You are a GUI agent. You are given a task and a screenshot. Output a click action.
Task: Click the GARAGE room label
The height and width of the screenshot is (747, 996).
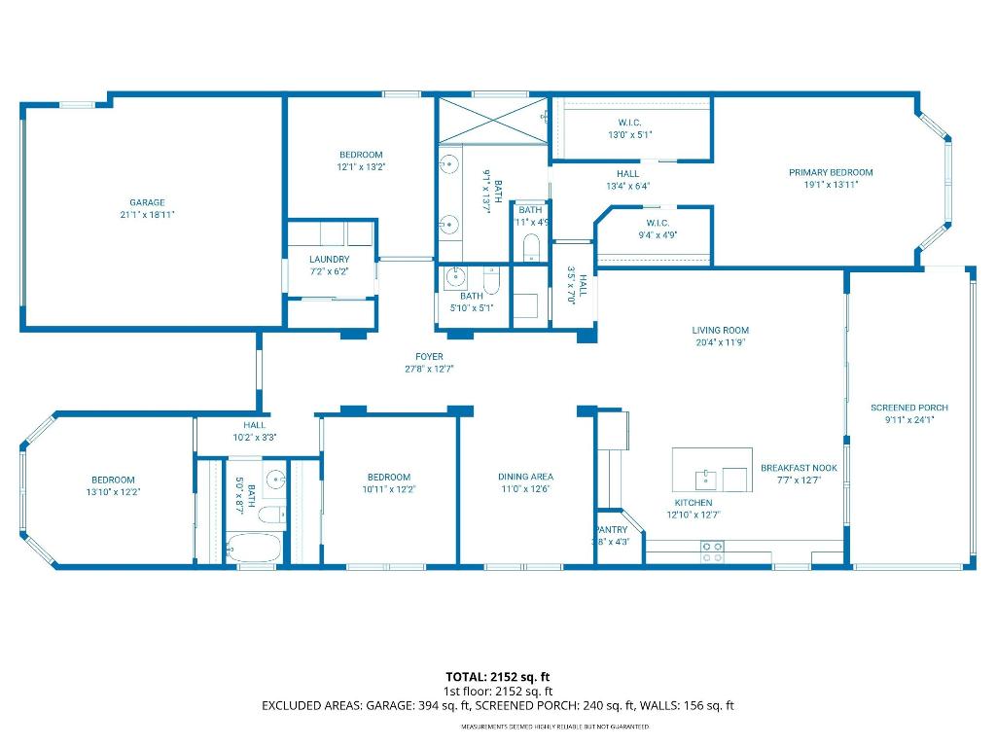pos(147,202)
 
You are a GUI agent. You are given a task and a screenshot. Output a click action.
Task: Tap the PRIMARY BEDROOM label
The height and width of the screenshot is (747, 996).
pos(830,172)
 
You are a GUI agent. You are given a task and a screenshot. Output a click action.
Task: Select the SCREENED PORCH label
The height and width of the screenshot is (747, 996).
pos(908,408)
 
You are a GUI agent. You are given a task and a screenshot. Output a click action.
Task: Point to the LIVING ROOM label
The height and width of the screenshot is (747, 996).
pos(720,330)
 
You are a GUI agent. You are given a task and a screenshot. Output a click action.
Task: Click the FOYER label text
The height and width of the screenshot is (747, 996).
pos(429,357)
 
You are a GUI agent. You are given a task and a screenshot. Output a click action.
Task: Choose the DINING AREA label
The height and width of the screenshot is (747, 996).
pos(525,477)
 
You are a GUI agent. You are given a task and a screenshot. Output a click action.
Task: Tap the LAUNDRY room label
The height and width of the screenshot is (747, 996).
pos(329,259)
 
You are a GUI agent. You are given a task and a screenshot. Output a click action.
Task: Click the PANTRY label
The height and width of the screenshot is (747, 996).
pos(611,529)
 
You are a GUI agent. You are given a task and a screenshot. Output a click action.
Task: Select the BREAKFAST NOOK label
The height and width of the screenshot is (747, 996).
pos(799,468)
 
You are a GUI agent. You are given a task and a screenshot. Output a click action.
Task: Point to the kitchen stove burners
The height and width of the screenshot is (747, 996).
pos(712,551)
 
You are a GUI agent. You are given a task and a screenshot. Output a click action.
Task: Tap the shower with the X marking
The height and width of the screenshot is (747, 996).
pos(493,121)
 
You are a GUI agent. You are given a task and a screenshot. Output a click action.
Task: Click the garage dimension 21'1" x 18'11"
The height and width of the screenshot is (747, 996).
pos(147,215)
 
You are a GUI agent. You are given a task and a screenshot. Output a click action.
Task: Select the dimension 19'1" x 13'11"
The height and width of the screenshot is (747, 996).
pos(830,185)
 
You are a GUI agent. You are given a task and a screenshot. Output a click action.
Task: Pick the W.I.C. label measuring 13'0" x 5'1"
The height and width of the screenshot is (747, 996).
pos(629,123)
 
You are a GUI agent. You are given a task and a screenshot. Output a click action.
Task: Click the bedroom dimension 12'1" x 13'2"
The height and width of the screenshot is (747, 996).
pos(361,167)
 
